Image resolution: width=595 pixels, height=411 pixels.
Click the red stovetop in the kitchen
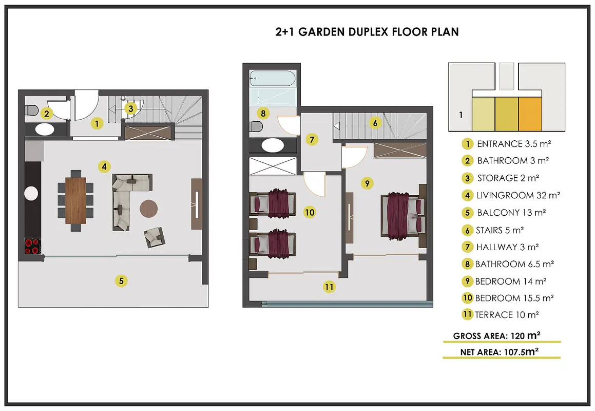tap(33, 246)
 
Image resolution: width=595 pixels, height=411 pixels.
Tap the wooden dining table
tap(75, 200)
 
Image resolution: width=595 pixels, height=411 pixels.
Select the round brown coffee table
tap(149, 209)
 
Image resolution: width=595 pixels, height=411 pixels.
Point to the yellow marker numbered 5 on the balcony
tap(121, 281)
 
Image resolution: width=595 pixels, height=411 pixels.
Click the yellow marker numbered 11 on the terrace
tap(329, 287)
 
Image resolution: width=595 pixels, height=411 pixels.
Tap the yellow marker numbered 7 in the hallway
tap(312, 139)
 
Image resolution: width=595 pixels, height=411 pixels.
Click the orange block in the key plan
tap(530, 114)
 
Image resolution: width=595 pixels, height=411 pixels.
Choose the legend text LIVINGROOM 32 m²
tap(519, 196)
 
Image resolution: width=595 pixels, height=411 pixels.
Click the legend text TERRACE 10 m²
tap(507, 315)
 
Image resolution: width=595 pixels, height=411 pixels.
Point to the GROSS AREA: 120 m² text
tap(497, 336)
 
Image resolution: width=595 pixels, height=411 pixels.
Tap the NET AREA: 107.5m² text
tap(500, 352)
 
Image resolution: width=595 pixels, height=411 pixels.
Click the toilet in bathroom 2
tap(31, 110)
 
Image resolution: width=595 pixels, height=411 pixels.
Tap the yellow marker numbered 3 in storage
tap(130, 108)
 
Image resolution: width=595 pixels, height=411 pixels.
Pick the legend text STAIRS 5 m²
tap(500, 230)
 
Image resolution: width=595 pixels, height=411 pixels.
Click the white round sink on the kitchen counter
tap(31, 193)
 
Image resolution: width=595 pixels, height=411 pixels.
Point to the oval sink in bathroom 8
tap(273, 145)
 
